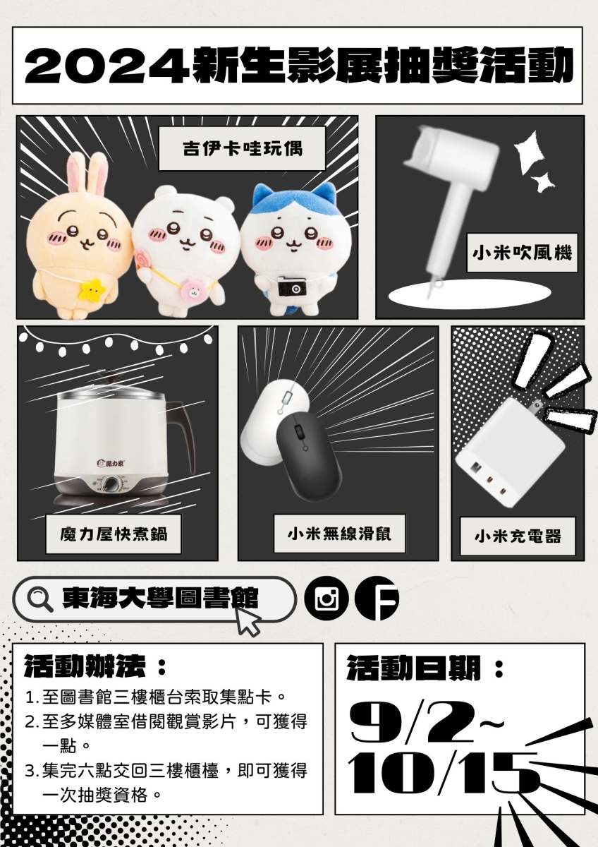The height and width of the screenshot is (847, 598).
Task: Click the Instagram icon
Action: pos(327,599)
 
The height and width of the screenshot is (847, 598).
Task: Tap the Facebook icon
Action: pos(377,599)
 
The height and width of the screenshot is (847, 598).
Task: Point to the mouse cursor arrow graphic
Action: pos(248,620)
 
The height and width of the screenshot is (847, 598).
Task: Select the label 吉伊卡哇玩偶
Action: pos(242,149)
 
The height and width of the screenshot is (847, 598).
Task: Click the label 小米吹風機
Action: pos(522,253)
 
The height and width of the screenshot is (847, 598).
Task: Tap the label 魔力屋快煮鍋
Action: pos(114,534)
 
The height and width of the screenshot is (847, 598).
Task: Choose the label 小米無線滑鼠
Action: pos(339,534)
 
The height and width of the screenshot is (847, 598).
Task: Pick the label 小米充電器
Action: pos(518,536)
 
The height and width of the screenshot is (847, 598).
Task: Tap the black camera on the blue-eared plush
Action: pos(292,287)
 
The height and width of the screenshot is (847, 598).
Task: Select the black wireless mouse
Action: pos(309,457)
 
